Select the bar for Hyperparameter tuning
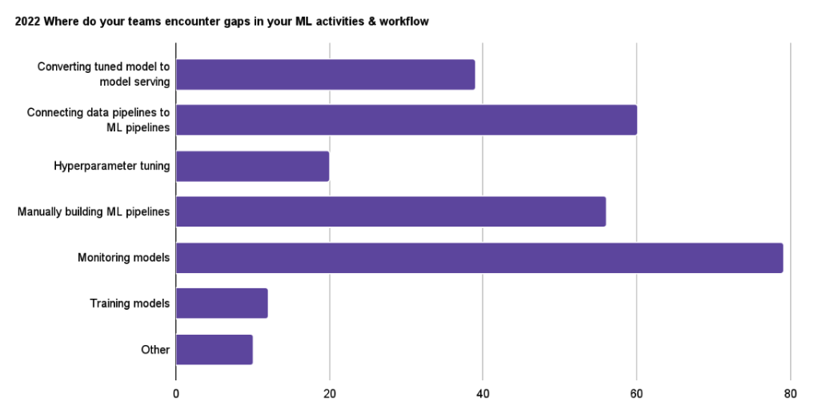click(252, 166)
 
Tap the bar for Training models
click(222, 303)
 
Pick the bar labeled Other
click(214, 349)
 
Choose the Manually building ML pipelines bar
click(391, 211)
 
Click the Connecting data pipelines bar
click(406, 119)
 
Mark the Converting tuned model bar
click(325, 74)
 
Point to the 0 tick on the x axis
click(176, 393)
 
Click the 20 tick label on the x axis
click(329, 393)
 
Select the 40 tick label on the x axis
click(483, 393)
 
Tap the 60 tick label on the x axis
click(636, 393)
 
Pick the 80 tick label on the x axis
click(790, 393)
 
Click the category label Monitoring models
click(123, 258)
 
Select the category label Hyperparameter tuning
click(111, 166)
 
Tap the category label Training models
click(130, 303)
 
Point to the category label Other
click(155, 349)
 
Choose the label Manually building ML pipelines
click(94, 211)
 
